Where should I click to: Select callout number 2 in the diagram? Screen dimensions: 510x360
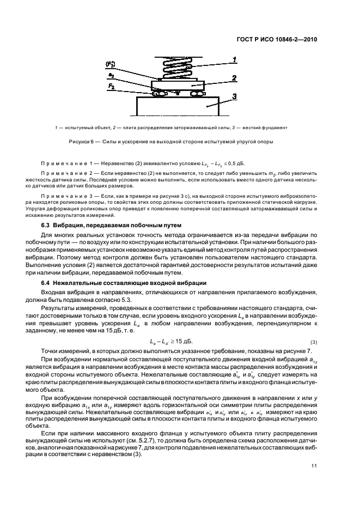coord(234,78)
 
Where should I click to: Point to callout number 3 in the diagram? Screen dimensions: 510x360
coord(234,97)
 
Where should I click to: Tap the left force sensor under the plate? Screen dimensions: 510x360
coord(158,94)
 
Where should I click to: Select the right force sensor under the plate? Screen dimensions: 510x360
coord(197,94)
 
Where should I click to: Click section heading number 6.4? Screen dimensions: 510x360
coord(47,282)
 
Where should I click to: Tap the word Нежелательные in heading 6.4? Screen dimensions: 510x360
coord(84,282)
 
